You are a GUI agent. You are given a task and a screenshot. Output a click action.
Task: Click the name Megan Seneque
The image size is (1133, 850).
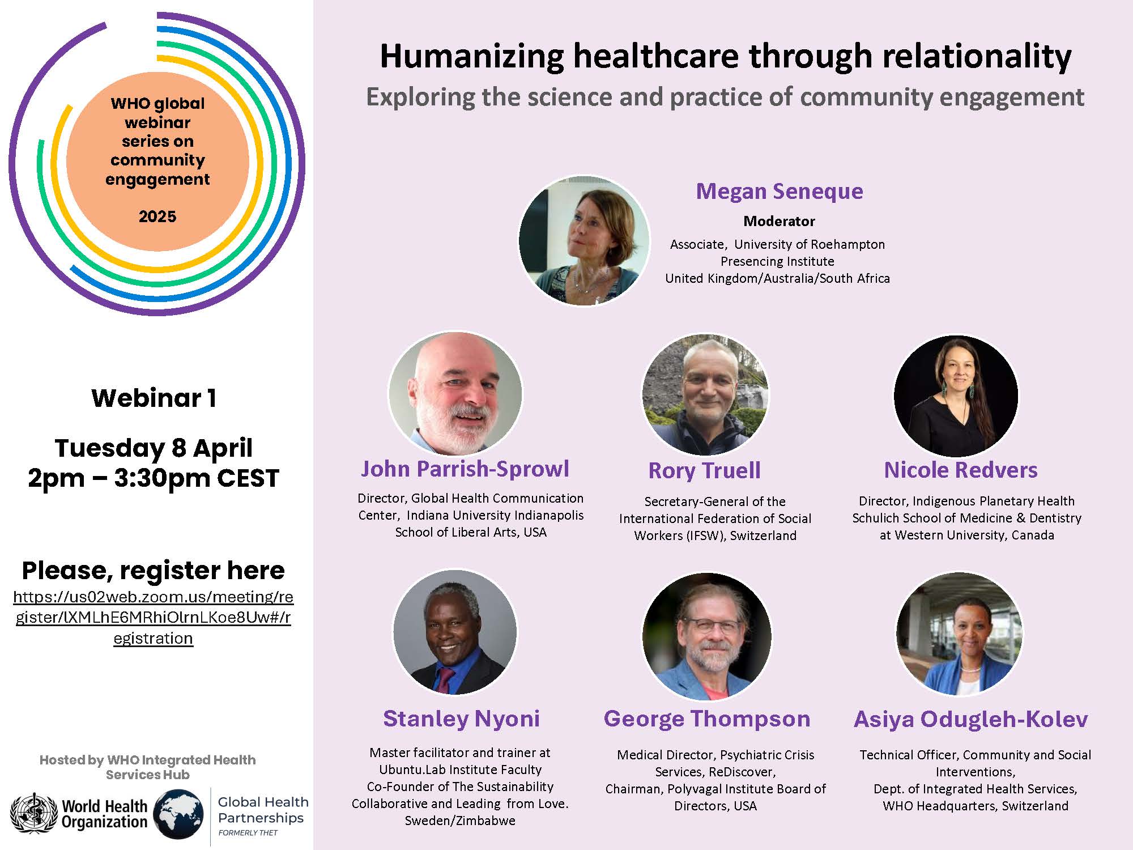(x=780, y=192)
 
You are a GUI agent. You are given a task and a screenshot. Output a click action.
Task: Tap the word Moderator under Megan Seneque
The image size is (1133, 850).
(x=779, y=221)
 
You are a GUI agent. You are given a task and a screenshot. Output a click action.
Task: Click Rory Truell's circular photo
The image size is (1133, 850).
(x=705, y=394)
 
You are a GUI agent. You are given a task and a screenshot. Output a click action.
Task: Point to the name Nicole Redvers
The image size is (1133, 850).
(x=961, y=470)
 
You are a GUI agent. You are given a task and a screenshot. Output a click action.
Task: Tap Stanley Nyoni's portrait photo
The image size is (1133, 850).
(x=455, y=632)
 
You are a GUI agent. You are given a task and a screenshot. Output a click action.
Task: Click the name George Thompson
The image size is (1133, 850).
(x=707, y=719)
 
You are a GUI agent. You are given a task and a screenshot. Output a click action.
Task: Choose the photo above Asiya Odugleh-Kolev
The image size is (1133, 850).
(x=959, y=634)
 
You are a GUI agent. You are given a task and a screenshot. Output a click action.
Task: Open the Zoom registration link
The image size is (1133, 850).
(x=153, y=618)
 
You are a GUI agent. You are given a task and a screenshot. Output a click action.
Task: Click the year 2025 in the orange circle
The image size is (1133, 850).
(x=157, y=216)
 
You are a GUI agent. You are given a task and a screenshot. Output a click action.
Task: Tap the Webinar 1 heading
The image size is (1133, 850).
(x=154, y=398)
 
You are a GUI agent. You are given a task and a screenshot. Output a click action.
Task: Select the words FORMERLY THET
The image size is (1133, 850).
(x=248, y=833)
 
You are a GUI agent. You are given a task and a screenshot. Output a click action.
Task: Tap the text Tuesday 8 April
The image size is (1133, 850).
(x=154, y=448)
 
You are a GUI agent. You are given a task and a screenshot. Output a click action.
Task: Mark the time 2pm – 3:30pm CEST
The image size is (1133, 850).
(x=154, y=478)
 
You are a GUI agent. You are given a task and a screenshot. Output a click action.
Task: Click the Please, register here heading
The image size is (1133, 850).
(x=153, y=571)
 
